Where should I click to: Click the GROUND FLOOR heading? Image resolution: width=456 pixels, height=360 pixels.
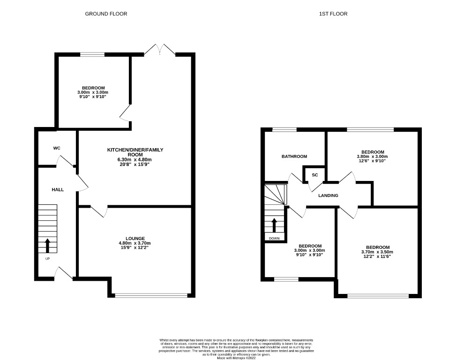106,14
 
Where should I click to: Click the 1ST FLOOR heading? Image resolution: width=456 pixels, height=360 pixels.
334,14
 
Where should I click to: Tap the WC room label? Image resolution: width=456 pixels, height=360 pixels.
57,148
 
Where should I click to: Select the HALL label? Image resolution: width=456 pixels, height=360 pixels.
58,189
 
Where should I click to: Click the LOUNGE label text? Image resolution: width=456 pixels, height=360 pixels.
135,238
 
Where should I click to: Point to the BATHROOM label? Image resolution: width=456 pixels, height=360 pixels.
294,157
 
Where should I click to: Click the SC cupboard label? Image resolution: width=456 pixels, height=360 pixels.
315,175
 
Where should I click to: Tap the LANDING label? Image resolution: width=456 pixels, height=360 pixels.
328,195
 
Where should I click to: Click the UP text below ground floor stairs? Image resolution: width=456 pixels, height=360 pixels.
47,259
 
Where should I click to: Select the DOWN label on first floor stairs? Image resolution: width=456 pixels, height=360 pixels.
274,239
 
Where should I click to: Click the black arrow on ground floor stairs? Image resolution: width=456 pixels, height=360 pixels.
47,245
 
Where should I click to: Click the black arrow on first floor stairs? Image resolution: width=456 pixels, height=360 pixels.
274,225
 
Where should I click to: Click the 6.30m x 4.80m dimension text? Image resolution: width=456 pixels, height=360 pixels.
135,160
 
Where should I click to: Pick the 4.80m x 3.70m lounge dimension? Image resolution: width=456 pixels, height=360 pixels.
135,243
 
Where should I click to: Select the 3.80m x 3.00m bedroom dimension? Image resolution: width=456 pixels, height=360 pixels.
372,157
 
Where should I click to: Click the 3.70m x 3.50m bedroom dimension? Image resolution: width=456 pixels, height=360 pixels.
377,252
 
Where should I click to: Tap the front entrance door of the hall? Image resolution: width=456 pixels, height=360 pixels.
63,273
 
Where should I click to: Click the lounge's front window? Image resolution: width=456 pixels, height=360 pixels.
151,295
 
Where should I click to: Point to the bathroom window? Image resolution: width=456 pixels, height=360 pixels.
284,129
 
